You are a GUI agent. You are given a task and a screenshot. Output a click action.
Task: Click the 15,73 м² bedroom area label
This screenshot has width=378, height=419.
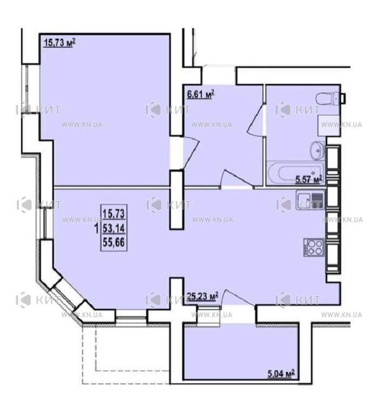59,42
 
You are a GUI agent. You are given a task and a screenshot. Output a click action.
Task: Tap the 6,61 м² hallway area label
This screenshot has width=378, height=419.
201,94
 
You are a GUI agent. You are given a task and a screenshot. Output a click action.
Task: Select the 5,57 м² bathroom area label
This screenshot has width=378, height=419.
309,179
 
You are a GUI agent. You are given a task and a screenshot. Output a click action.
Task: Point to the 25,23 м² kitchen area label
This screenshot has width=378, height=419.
202,296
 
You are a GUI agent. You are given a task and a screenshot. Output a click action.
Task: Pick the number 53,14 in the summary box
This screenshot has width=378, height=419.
114,229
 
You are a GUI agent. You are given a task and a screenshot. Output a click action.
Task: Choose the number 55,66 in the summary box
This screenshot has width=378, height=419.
114,243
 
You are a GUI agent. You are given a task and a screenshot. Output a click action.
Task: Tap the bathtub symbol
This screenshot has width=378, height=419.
295,173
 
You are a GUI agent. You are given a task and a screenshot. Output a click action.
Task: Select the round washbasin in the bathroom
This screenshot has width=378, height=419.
317,151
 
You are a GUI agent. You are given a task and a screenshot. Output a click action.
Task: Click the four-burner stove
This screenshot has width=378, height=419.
314,247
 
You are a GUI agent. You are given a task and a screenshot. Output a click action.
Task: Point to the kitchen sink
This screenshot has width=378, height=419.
310,199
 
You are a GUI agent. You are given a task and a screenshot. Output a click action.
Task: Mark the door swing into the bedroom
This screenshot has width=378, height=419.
190,152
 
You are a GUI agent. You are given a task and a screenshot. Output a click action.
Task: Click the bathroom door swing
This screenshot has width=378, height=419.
256,120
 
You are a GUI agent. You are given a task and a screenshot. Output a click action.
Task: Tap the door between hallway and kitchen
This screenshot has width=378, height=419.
237,179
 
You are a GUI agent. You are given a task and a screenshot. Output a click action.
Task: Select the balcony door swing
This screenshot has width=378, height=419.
238,297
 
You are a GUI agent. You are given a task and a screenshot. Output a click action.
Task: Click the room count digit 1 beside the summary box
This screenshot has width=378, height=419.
97,229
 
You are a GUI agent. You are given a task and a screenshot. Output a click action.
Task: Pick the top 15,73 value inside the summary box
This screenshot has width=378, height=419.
114,214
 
